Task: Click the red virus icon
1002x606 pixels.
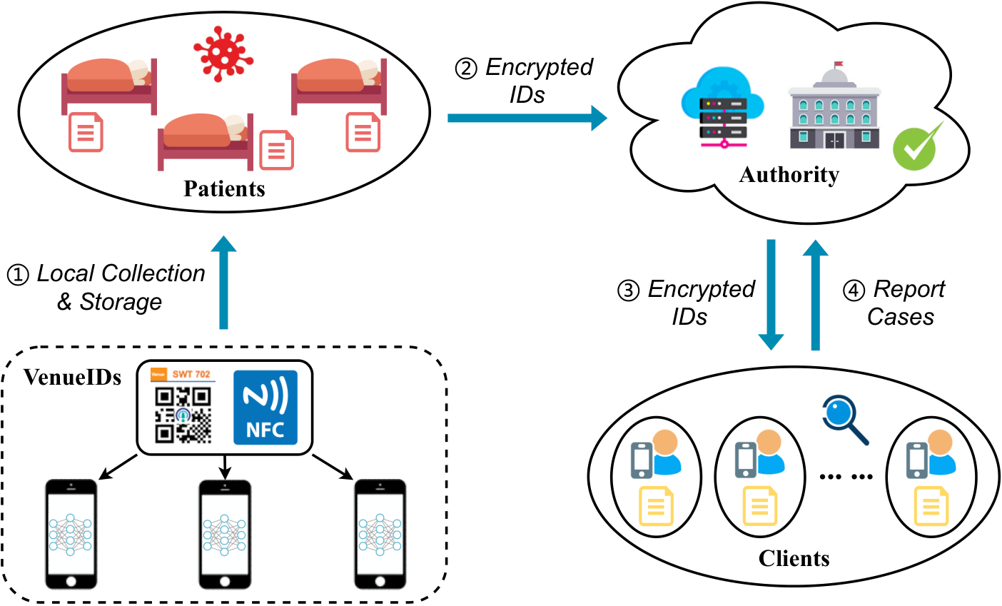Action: coord(223,54)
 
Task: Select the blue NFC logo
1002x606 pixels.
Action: coord(265,408)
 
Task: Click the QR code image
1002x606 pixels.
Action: coord(183,415)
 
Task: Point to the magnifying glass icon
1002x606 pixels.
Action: coord(845,420)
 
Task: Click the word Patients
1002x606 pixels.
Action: coord(225,188)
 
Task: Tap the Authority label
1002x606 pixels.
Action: coord(789,175)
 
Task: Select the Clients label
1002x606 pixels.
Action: coord(794,559)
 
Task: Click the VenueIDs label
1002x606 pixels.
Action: coord(73,377)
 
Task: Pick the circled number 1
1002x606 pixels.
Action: coord(18,275)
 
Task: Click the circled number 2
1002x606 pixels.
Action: coord(466,69)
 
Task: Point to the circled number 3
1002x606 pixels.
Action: coord(629,291)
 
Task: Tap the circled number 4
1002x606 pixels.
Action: coord(854,291)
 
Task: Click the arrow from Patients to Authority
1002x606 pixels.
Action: coord(527,118)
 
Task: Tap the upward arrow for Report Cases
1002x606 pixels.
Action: coord(816,296)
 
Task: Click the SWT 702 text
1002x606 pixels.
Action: coord(191,374)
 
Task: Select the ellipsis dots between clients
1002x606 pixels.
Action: coord(846,477)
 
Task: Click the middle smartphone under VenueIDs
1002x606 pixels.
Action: coord(225,535)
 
